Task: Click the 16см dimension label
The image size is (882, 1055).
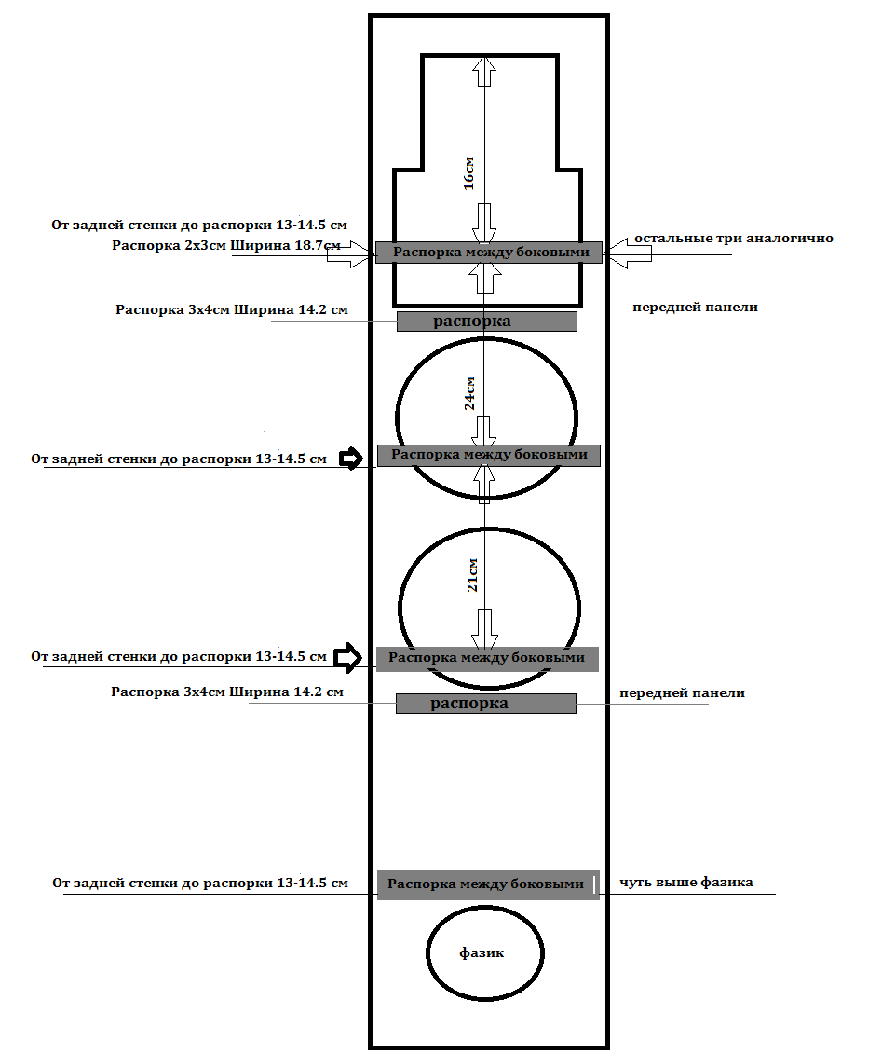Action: pyautogui.click(x=469, y=173)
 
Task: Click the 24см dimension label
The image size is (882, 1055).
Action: pyautogui.click(x=470, y=393)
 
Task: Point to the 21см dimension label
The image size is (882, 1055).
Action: pyautogui.click(x=472, y=575)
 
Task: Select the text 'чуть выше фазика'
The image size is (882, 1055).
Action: pyautogui.click(x=685, y=882)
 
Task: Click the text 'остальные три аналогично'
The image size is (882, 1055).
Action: pyautogui.click(x=733, y=239)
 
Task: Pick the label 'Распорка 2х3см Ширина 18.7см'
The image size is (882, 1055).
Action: pyautogui.click(x=226, y=246)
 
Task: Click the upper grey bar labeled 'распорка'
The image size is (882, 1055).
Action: pyautogui.click(x=487, y=322)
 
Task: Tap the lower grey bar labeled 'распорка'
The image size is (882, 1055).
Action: pyautogui.click(x=485, y=704)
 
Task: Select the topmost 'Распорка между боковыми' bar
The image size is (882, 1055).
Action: pyautogui.click(x=489, y=253)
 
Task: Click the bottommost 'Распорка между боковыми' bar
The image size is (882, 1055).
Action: pyautogui.click(x=488, y=884)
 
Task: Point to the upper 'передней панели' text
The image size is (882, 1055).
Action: pyautogui.click(x=695, y=308)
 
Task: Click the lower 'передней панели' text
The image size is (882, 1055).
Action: pyautogui.click(x=682, y=693)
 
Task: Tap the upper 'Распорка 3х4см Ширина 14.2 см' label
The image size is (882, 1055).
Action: pyautogui.click(x=232, y=310)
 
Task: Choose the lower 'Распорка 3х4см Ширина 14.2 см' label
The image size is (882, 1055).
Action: pyautogui.click(x=227, y=692)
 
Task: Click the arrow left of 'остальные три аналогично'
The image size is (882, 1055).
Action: pyautogui.click(x=627, y=253)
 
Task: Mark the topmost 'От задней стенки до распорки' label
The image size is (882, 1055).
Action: pyautogui.click(x=199, y=226)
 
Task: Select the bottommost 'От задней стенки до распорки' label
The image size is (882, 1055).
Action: pyautogui.click(x=200, y=883)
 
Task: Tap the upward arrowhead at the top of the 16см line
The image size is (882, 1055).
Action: pyautogui.click(x=485, y=71)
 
